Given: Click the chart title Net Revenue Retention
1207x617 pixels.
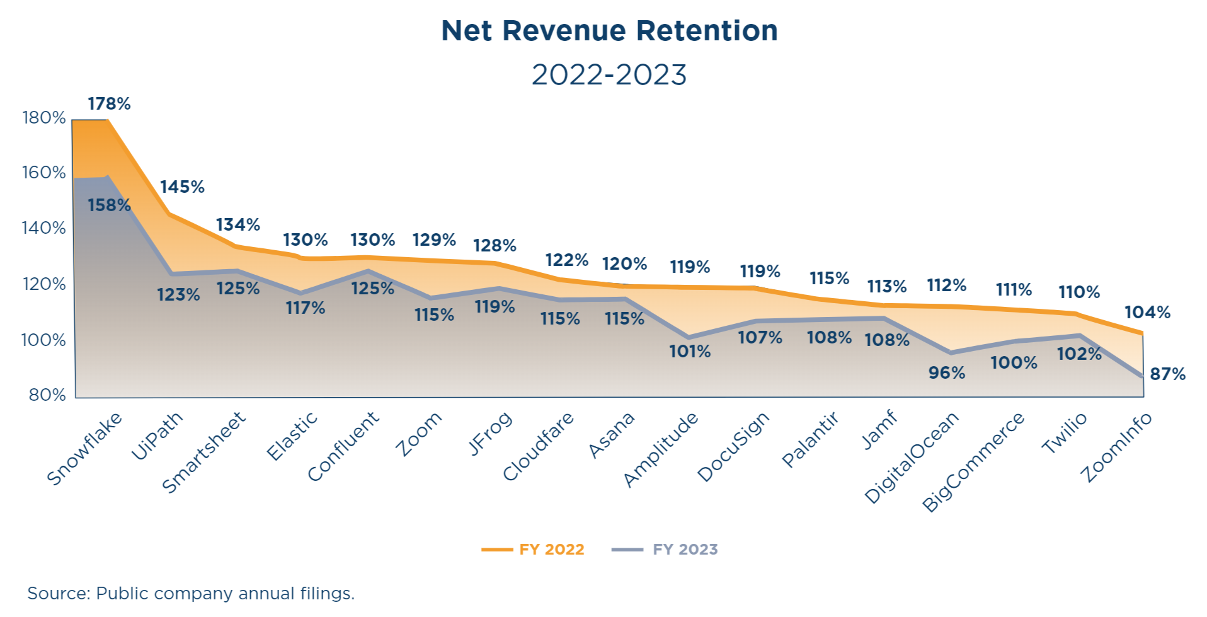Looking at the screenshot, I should (x=609, y=31).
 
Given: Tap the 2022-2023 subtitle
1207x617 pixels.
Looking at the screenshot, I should (x=609, y=75).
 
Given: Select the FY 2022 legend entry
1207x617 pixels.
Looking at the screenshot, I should (x=534, y=550).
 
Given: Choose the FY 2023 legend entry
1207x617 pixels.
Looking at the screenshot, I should (x=665, y=550).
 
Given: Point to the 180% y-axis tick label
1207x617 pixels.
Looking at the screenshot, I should (x=44, y=118).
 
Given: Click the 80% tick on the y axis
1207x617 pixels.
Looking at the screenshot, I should (x=47, y=395).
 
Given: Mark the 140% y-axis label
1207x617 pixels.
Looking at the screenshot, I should (x=44, y=228).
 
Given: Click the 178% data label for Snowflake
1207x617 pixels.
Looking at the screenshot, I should (x=109, y=104).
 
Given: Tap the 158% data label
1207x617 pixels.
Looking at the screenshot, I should (x=109, y=205).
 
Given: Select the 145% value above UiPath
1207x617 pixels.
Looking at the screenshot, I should (x=182, y=187).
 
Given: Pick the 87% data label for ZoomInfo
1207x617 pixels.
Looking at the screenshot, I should (x=1167, y=374).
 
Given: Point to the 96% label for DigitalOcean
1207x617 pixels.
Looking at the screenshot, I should (x=946, y=373).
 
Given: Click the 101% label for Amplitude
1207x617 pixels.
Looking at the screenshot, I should (x=690, y=352).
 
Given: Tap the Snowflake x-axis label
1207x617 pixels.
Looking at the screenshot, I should (x=84, y=449).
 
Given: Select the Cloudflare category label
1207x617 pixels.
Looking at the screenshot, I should (x=539, y=446).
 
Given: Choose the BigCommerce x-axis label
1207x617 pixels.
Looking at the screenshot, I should (x=973, y=462).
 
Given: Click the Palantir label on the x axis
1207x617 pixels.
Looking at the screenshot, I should (x=810, y=440).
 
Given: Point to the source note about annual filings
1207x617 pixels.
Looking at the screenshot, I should (x=191, y=594).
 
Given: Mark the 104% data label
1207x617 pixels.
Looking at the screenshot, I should (x=1147, y=313).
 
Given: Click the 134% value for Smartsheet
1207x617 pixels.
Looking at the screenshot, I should (x=238, y=225).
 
